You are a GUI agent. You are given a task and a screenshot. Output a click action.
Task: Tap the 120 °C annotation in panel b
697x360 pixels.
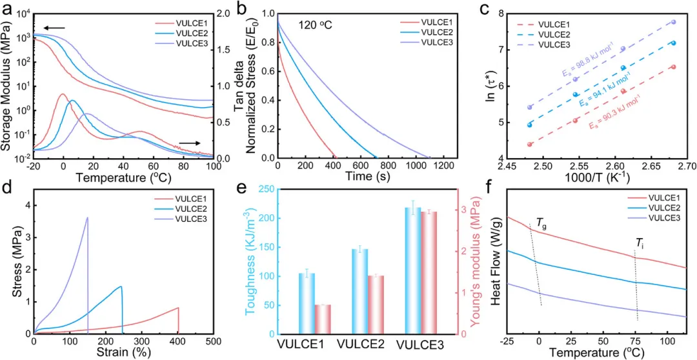(314, 26)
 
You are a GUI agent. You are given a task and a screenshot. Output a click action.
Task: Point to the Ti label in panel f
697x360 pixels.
(640, 243)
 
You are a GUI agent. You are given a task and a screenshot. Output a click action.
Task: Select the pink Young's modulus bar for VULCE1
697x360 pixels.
(323, 319)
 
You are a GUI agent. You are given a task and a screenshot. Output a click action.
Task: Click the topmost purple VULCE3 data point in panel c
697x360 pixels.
(674, 22)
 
